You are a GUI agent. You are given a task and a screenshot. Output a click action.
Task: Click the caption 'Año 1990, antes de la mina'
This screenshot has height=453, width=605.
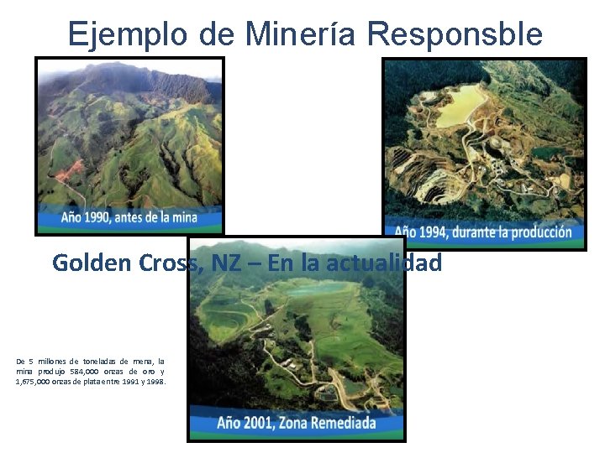pos(129,217)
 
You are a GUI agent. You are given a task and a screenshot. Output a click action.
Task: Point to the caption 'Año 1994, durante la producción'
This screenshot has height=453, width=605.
pos(483,232)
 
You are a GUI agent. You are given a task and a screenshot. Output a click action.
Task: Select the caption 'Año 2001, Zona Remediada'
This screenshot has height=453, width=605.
pos(296,422)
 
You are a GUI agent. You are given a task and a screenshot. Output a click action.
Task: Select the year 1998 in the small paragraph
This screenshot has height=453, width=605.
pos(155,381)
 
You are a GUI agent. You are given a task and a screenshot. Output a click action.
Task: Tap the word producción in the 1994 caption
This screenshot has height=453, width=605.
pos(538,232)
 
